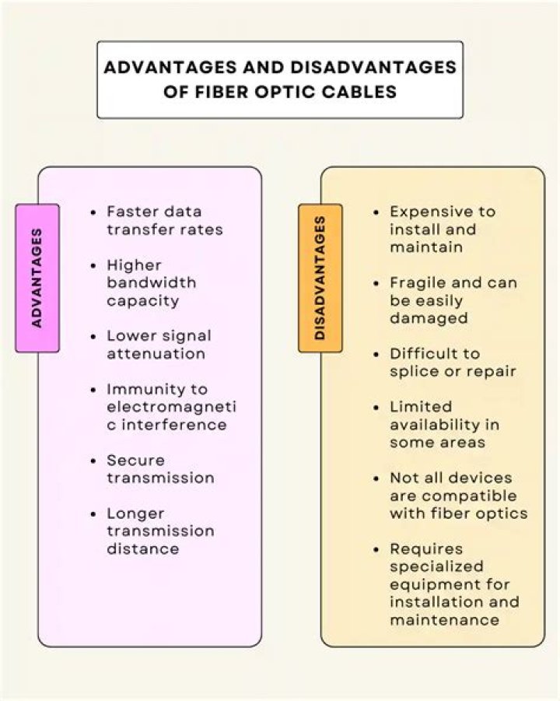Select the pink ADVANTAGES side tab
click(37, 278)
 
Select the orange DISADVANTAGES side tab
click(320, 278)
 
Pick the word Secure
click(135, 460)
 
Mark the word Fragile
click(416, 282)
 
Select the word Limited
click(421, 407)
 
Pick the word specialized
click(436, 566)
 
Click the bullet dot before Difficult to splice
click(377, 354)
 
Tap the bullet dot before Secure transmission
click(94, 461)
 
